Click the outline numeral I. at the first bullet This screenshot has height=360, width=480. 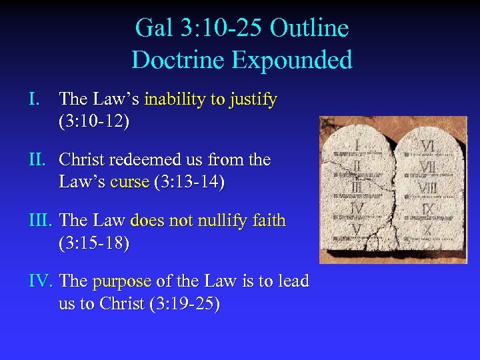pyautogui.click(x=35, y=99)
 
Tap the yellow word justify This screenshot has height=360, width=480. pyautogui.click(x=253, y=99)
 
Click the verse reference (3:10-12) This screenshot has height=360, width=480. pyautogui.click(x=94, y=122)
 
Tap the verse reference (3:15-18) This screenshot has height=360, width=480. pyautogui.click(x=94, y=243)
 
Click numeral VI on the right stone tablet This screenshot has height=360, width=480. pyautogui.click(x=429, y=145)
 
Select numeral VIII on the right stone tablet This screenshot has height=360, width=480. pyautogui.click(x=429, y=187)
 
